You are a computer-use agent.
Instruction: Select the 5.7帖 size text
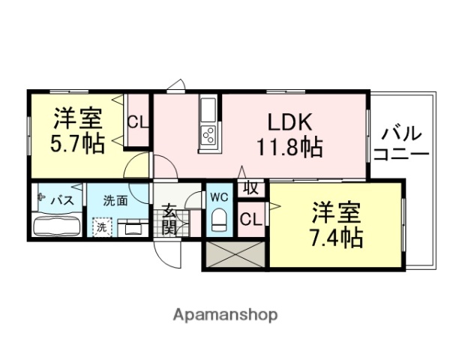click(77, 144)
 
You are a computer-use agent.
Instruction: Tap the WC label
click(219, 197)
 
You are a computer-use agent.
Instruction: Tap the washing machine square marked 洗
click(100, 226)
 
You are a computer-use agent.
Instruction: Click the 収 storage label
click(251, 187)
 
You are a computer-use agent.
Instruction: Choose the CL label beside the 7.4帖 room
click(251, 219)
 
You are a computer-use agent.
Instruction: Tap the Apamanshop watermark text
click(225, 314)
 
